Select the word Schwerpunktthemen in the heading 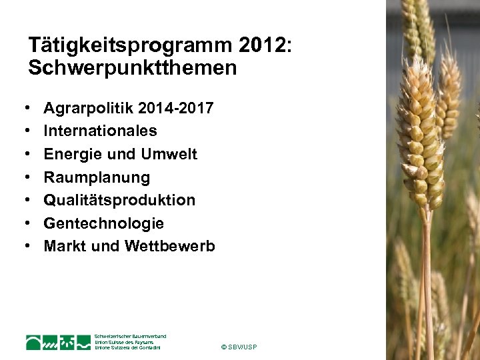click(x=132, y=68)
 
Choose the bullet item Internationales click(x=100, y=131)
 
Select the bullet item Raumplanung click(x=97, y=177)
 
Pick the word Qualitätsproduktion click(x=119, y=200)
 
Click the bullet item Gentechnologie click(x=103, y=223)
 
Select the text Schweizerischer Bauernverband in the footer click(x=131, y=336)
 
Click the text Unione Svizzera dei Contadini click(x=128, y=347)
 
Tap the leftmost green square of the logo click(x=33, y=343)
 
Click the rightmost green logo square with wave click(x=83, y=343)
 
